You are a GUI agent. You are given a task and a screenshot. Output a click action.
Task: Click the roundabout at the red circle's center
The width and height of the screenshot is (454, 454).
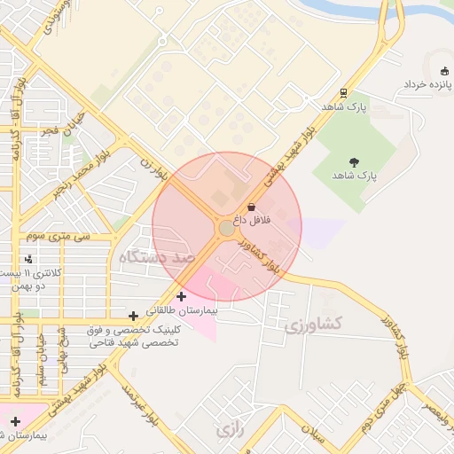pyautogui.click(x=226, y=228)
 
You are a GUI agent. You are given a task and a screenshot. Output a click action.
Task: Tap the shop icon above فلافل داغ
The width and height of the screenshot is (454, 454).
pyautogui.click(x=251, y=206)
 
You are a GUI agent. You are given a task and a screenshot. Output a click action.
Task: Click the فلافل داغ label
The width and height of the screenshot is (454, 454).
pyautogui.click(x=252, y=218)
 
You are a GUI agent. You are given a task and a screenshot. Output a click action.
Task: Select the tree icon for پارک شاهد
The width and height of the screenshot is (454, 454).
pyautogui.click(x=355, y=161)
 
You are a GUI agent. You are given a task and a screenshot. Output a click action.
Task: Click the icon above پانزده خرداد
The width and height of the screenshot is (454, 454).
pyautogui.click(x=444, y=71)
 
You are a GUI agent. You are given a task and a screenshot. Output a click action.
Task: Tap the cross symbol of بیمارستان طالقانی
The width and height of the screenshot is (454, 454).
pyautogui.click(x=182, y=296)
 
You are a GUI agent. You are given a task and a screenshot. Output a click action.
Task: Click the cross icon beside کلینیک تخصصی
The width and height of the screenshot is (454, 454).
pyautogui.click(x=133, y=316)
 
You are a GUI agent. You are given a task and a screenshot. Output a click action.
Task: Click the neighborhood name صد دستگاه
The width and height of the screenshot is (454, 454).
pyautogui.click(x=156, y=256)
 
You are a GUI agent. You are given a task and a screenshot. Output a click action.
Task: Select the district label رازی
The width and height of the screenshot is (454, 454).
pyautogui.click(x=229, y=431)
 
